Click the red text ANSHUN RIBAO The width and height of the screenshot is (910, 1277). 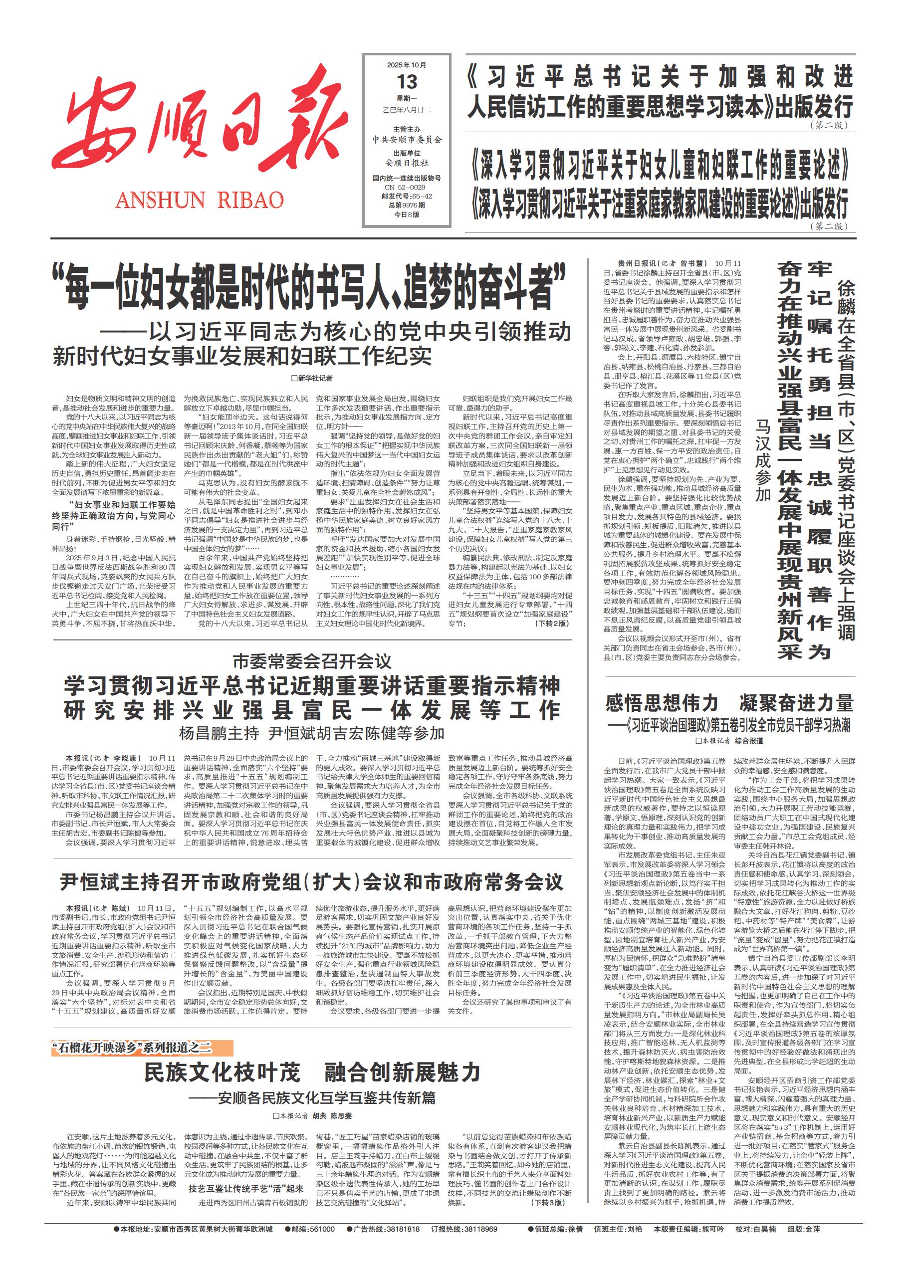point(200,201)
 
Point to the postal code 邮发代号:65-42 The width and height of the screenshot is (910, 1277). point(407,196)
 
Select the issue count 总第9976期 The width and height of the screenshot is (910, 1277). point(407,205)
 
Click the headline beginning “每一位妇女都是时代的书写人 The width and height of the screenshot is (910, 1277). point(309,288)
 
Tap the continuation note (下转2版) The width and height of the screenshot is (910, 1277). point(551,623)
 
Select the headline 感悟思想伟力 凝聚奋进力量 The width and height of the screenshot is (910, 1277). point(729,702)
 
